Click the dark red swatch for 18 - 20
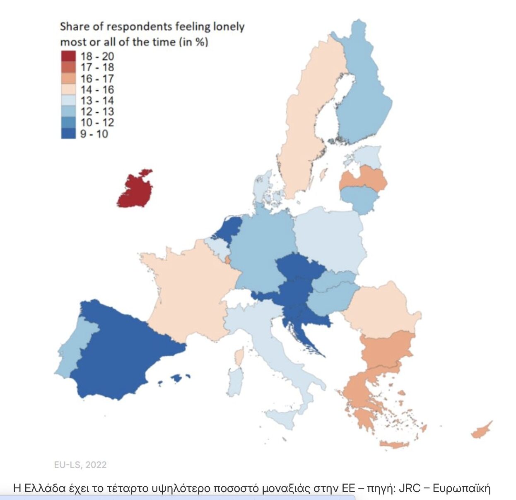coord(68,56)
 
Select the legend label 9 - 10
coord(94,134)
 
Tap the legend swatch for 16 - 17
coord(68,78)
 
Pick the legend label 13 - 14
coord(97,101)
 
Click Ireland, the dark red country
coord(135,190)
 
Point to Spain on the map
coord(120,352)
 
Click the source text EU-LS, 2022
coord(80,465)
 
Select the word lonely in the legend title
coord(229,27)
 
